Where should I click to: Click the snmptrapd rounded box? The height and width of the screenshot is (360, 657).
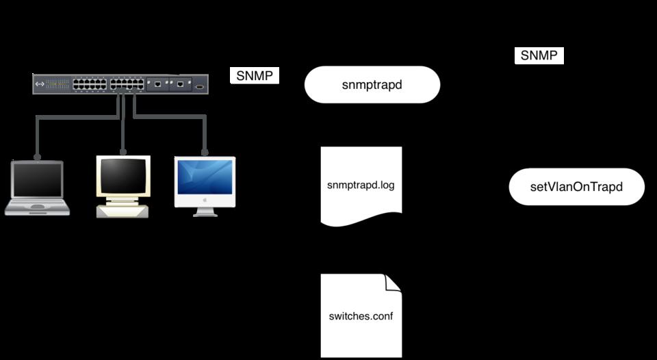(x=372, y=85)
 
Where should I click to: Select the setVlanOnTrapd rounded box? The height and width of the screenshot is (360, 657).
(x=576, y=187)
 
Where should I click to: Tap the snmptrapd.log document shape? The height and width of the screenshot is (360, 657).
(x=361, y=185)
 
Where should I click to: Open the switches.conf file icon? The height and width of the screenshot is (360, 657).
(x=361, y=316)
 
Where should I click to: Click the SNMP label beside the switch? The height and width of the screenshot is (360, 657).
(x=254, y=75)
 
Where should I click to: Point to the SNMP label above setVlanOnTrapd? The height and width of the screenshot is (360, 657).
(x=539, y=56)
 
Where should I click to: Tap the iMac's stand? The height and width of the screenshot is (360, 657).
(x=205, y=211)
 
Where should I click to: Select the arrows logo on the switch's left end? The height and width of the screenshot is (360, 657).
(x=40, y=85)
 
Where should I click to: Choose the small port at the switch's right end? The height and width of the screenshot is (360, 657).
(x=199, y=86)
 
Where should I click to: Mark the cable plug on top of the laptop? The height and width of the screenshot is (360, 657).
(x=36, y=157)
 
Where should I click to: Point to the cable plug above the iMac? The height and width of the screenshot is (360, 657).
(x=205, y=152)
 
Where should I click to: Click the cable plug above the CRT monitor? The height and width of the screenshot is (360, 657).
(x=123, y=152)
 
